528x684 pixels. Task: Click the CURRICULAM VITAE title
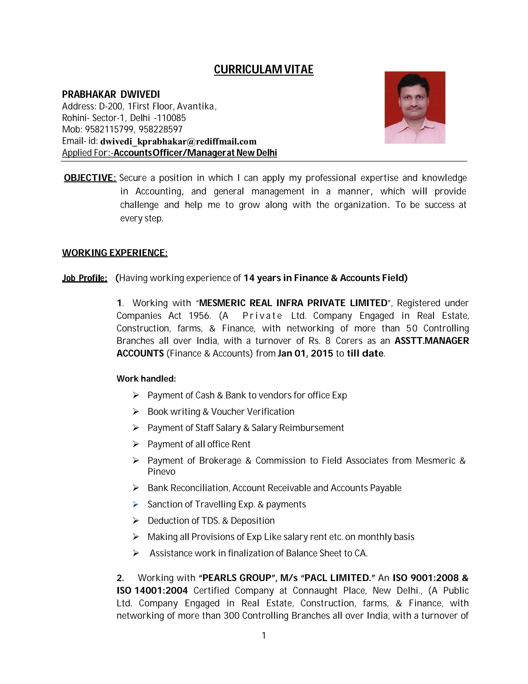(x=263, y=69)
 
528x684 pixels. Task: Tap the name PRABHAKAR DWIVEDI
(x=111, y=94)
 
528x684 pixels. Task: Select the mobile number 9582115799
(x=109, y=129)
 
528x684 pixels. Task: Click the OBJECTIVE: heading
(x=90, y=178)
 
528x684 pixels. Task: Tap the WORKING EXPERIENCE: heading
(x=115, y=253)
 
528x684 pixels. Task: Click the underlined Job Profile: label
(x=85, y=278)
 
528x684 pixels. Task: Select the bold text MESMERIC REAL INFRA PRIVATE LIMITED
(x=293, y=303)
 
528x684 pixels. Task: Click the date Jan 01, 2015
(x=305, y=354)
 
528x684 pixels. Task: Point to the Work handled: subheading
(x=146, y=379)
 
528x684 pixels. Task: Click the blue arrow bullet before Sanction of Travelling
(x=135, y=505)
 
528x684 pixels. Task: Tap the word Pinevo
(x=161, y=472)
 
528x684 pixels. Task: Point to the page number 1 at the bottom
(x=263, y=635)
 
